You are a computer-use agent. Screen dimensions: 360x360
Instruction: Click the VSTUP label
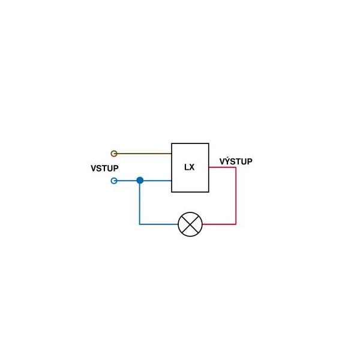104,168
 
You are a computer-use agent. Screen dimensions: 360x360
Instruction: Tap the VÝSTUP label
236,161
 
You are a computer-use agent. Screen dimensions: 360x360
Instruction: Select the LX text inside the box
190,167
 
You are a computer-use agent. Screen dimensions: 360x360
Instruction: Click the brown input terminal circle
114,154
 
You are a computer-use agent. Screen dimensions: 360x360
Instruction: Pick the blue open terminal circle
114,181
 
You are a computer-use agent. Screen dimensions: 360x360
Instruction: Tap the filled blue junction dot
140,181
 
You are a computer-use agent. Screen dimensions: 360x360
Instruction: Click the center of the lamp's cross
190,224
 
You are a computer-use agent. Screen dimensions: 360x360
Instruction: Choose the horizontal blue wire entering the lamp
158,224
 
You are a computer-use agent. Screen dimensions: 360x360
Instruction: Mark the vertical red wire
236,196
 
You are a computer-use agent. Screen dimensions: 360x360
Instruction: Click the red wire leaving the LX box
222,167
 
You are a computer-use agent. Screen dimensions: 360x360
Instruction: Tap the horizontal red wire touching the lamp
219,224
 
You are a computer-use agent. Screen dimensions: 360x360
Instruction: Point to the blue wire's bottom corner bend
139,224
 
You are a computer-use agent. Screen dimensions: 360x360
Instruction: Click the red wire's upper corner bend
236,167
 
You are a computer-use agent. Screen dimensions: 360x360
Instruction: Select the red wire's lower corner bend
236,224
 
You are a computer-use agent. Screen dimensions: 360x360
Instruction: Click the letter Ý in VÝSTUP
228,161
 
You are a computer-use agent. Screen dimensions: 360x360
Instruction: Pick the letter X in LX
192,167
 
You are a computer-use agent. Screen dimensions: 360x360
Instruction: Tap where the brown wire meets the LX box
172,154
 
